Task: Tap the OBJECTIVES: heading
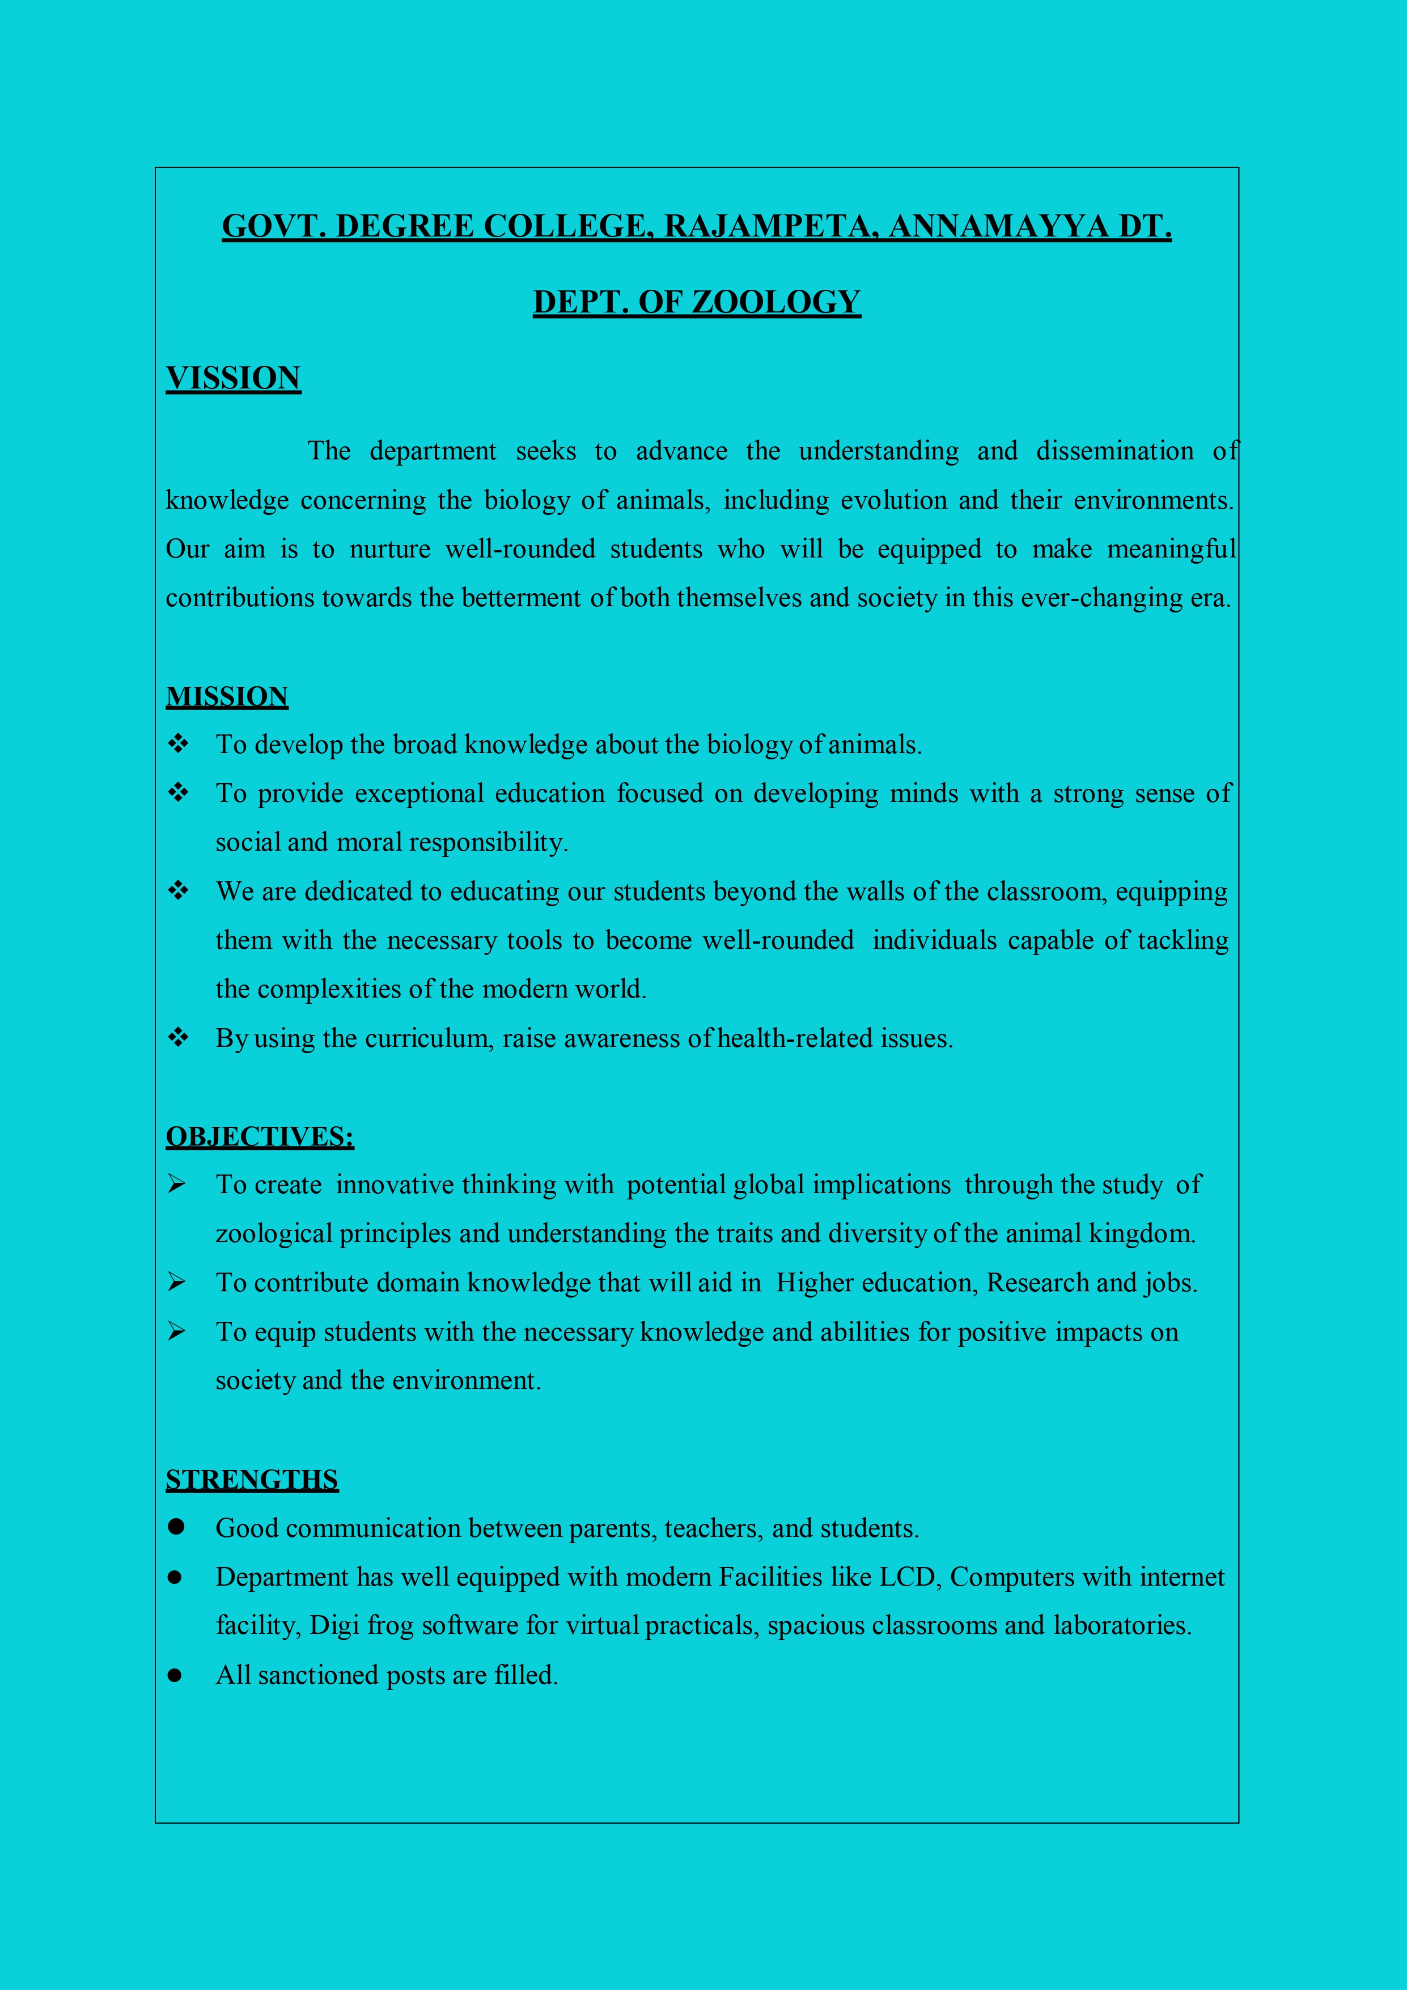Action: click(x=260, y=1136)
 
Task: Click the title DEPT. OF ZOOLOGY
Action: click(x=697, y=302)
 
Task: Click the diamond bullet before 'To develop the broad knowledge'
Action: click(x=179, y=743)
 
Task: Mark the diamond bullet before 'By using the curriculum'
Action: click(x=179, y=1037)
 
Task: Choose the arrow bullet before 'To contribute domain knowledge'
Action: click(x=177, y=1282)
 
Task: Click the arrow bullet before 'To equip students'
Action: click(x=177, y=1331)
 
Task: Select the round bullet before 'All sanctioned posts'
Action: click(x=175, y=1675)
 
